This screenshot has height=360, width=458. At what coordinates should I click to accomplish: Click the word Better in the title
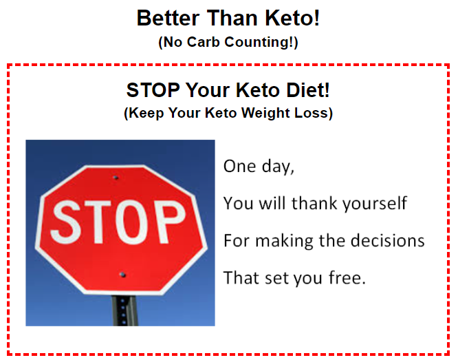pos(168,18)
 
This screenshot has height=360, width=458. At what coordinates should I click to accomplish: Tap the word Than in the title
pos(232,18)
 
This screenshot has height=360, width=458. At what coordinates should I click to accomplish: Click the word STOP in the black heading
pos(153,89)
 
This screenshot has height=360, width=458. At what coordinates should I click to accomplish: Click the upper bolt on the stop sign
pos(116,178)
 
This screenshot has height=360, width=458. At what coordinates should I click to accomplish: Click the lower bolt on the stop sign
pos(122,275)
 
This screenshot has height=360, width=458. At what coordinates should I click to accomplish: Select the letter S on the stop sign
pos(65,222)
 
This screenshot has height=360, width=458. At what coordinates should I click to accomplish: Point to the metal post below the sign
pos(124,310)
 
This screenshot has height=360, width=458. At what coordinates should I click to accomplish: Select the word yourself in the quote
pos(375,204)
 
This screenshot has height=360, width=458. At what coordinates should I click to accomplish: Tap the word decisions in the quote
pos(387,240)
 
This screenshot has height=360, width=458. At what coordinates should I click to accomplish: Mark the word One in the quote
pos(239,166)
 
